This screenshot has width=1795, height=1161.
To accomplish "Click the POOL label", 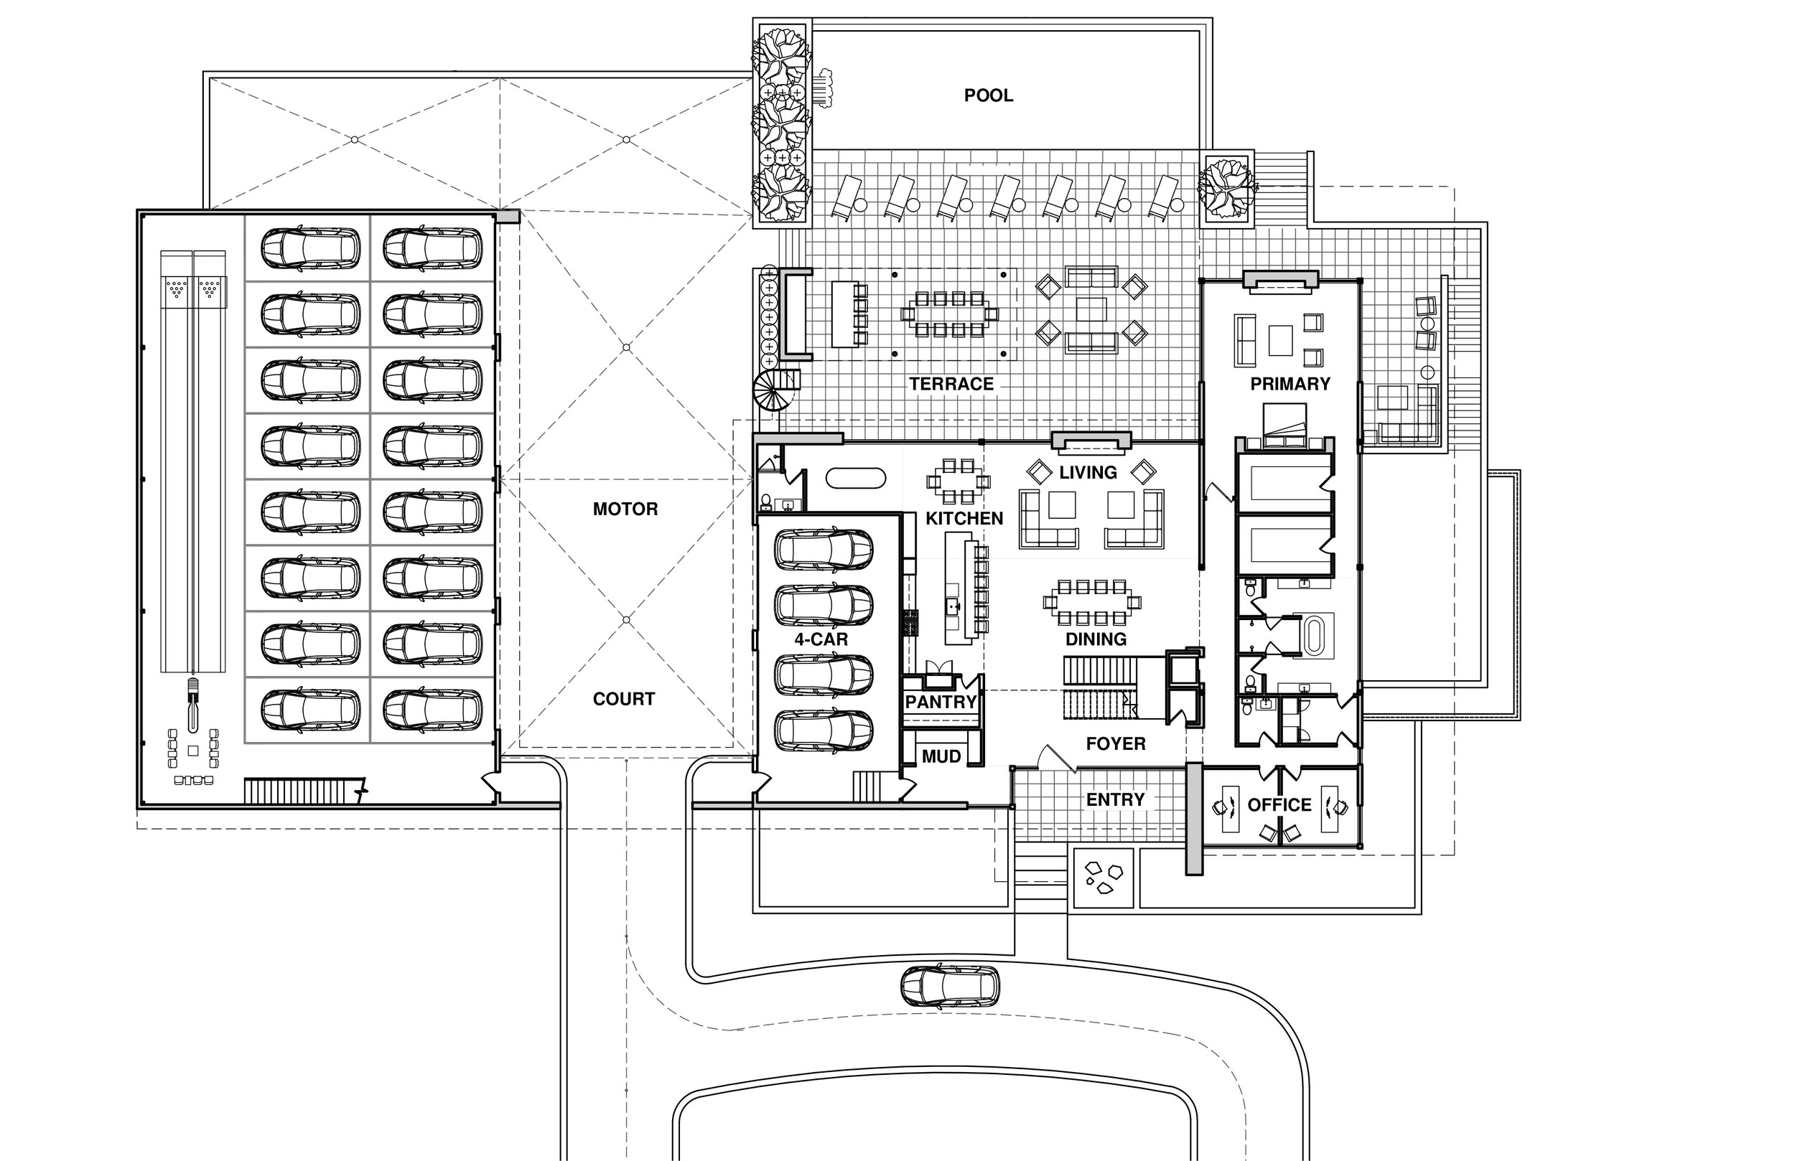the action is click(x=988, y=95).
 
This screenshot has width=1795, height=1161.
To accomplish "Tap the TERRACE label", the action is click(x=951, y=384).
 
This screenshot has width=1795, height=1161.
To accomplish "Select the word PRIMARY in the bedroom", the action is click(x=1290, y=384).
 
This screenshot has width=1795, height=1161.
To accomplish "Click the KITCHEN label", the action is click(x=964, y=519).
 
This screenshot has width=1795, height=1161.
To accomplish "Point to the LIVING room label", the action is click(x=1088, y=473).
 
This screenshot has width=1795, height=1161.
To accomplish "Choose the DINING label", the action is click(x=1095, y=639).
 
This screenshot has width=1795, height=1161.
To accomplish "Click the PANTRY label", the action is click(x=941, y=702).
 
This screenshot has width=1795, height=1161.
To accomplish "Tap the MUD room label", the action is click(x=941, y=756).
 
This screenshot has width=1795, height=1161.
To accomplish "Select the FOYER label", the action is click(x=1116, y=744).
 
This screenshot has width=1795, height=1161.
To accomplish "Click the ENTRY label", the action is click(x=1115, y=799).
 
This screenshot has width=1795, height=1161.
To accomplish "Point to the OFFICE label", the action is click(x=1279, y=805).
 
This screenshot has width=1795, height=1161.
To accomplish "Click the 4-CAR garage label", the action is click(x=821, y=639).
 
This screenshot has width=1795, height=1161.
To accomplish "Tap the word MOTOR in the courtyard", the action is click(x=625, y=509).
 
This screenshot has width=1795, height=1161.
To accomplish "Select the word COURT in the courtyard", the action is click(x=624, y=699).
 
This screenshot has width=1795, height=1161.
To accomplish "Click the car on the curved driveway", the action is click(x=949, y=986).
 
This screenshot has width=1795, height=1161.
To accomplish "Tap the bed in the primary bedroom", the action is click(x=1285, y=420).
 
